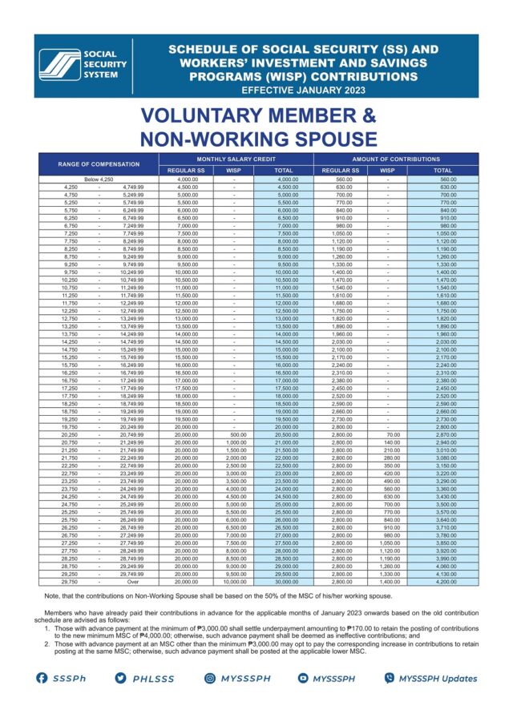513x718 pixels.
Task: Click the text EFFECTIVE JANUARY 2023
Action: coord(303,90)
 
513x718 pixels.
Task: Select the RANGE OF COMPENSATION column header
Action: coord(98,164)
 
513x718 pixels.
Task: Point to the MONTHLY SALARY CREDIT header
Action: coord(236,159)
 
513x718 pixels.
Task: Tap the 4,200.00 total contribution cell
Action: coord(442,583)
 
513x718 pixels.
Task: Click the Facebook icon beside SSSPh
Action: coord(41,678)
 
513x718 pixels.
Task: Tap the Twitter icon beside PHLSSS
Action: coord(120,678)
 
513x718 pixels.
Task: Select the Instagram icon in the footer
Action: coord(210,678)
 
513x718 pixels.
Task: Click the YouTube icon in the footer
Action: coord(303,678)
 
